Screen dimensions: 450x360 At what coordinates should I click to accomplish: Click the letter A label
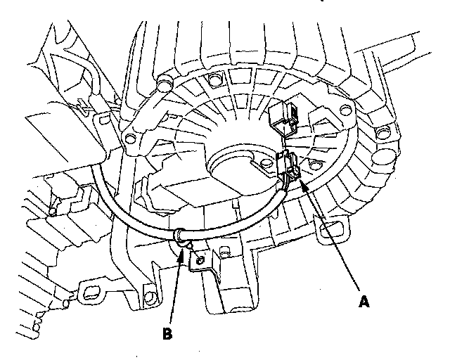click(x=363, y=302)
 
